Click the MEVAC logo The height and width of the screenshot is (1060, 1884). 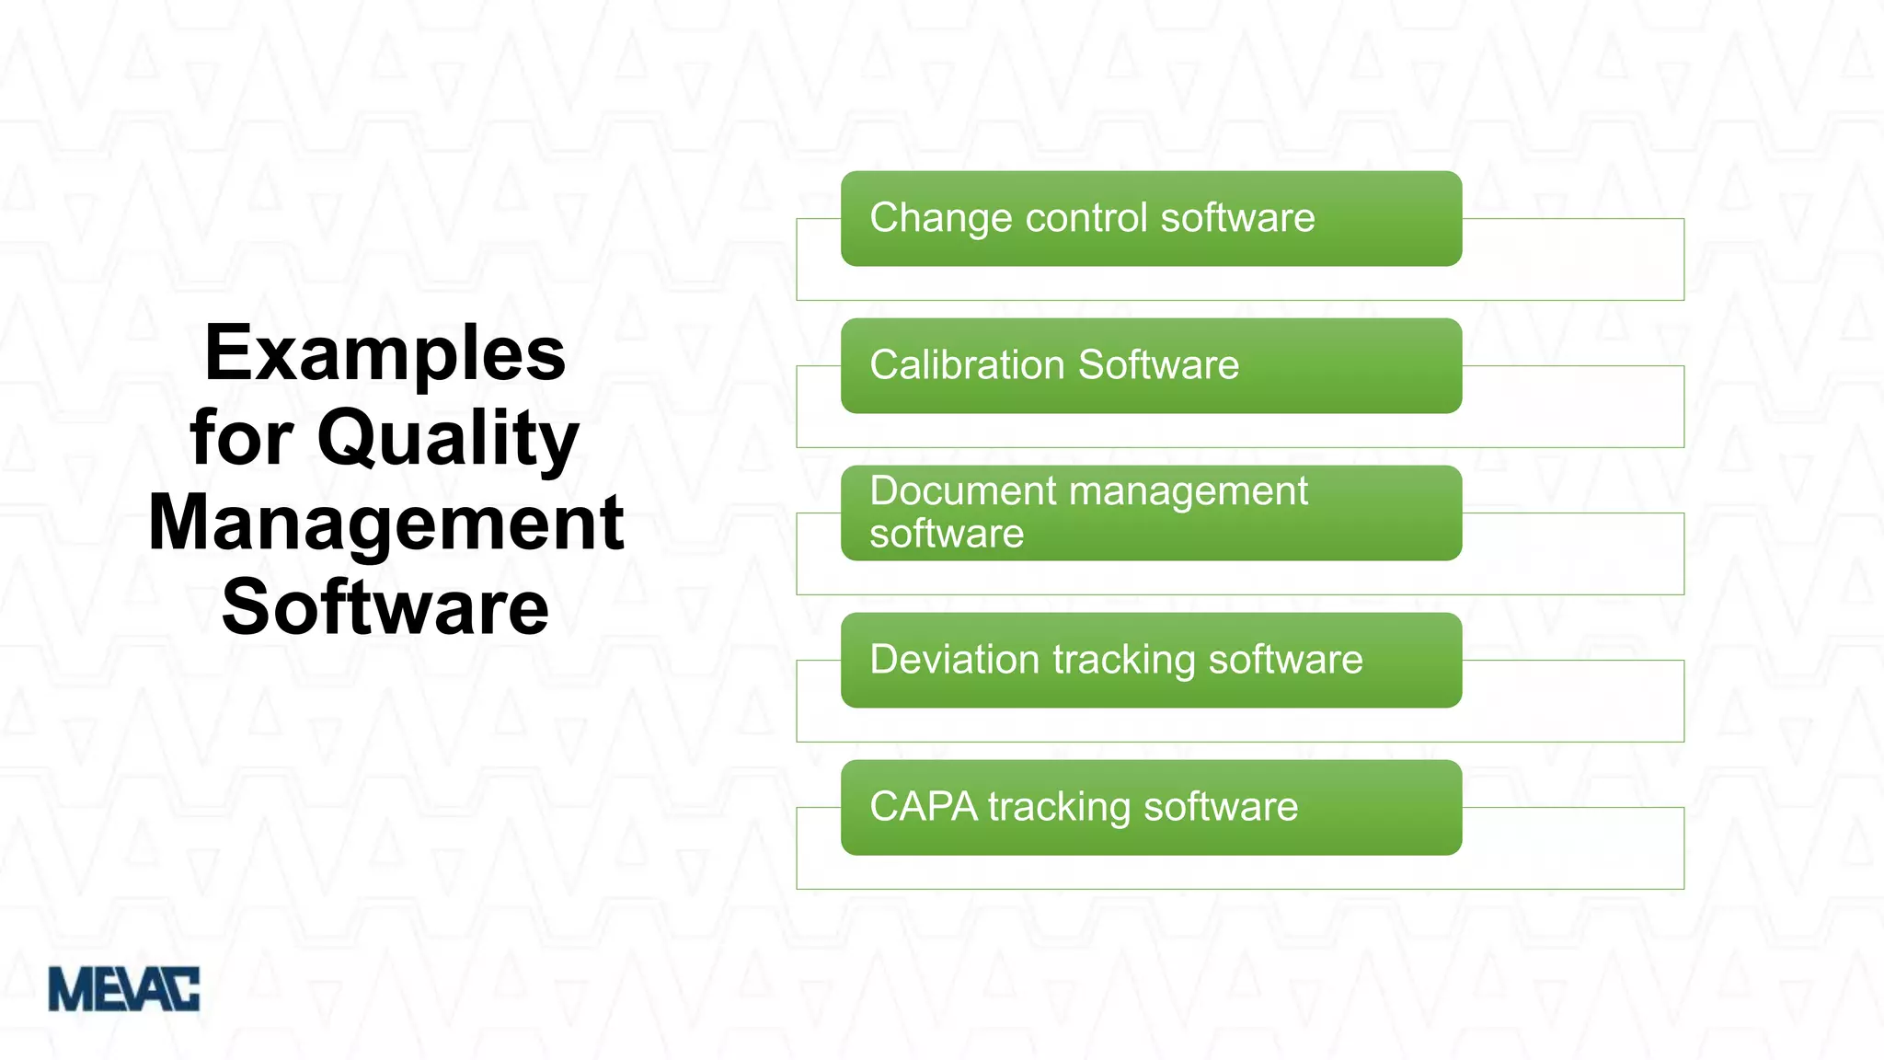(123, 989)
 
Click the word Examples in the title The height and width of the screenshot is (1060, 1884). (385, 355)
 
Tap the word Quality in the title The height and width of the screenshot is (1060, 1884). (448, 440)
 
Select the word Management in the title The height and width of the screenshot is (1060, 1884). (386, 523)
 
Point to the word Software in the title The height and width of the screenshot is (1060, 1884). (385, 607)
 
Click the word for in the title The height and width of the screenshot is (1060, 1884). (242, 438)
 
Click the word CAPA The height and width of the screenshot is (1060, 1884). (924, 807)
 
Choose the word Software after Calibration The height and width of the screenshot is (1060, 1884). (1159, 365)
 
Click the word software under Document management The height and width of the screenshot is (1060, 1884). (947, 534)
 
